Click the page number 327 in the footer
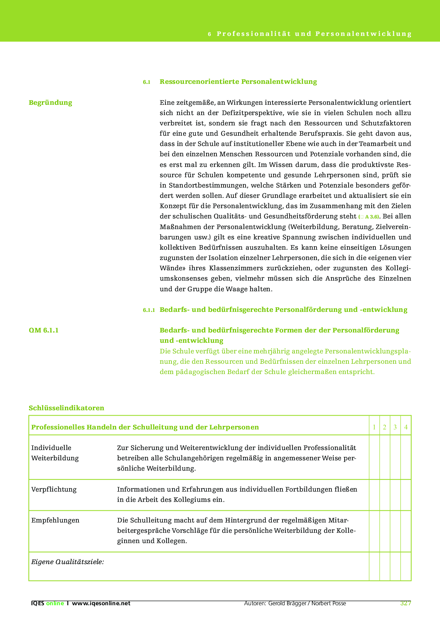coord(405,603)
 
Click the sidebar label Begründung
coord(50,103)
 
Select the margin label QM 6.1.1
coord(44,330)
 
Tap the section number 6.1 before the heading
coord(147,82)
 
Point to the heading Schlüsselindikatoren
coord(66,408)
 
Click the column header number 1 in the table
coord(374,427)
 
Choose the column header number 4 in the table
coord(406,427)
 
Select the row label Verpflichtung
coord(54,489)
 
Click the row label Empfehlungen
coord(55,520)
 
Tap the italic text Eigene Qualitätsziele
coord(67,562)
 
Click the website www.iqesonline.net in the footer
coord(101,603)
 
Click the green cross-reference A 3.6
coord(372,217)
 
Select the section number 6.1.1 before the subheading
coord(149,310)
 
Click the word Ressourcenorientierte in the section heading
coord(199,82)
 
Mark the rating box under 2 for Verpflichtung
coord(385,495)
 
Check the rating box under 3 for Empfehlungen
coord(395,531)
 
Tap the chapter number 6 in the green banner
coord(210,34)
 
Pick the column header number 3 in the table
coord(395,427)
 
